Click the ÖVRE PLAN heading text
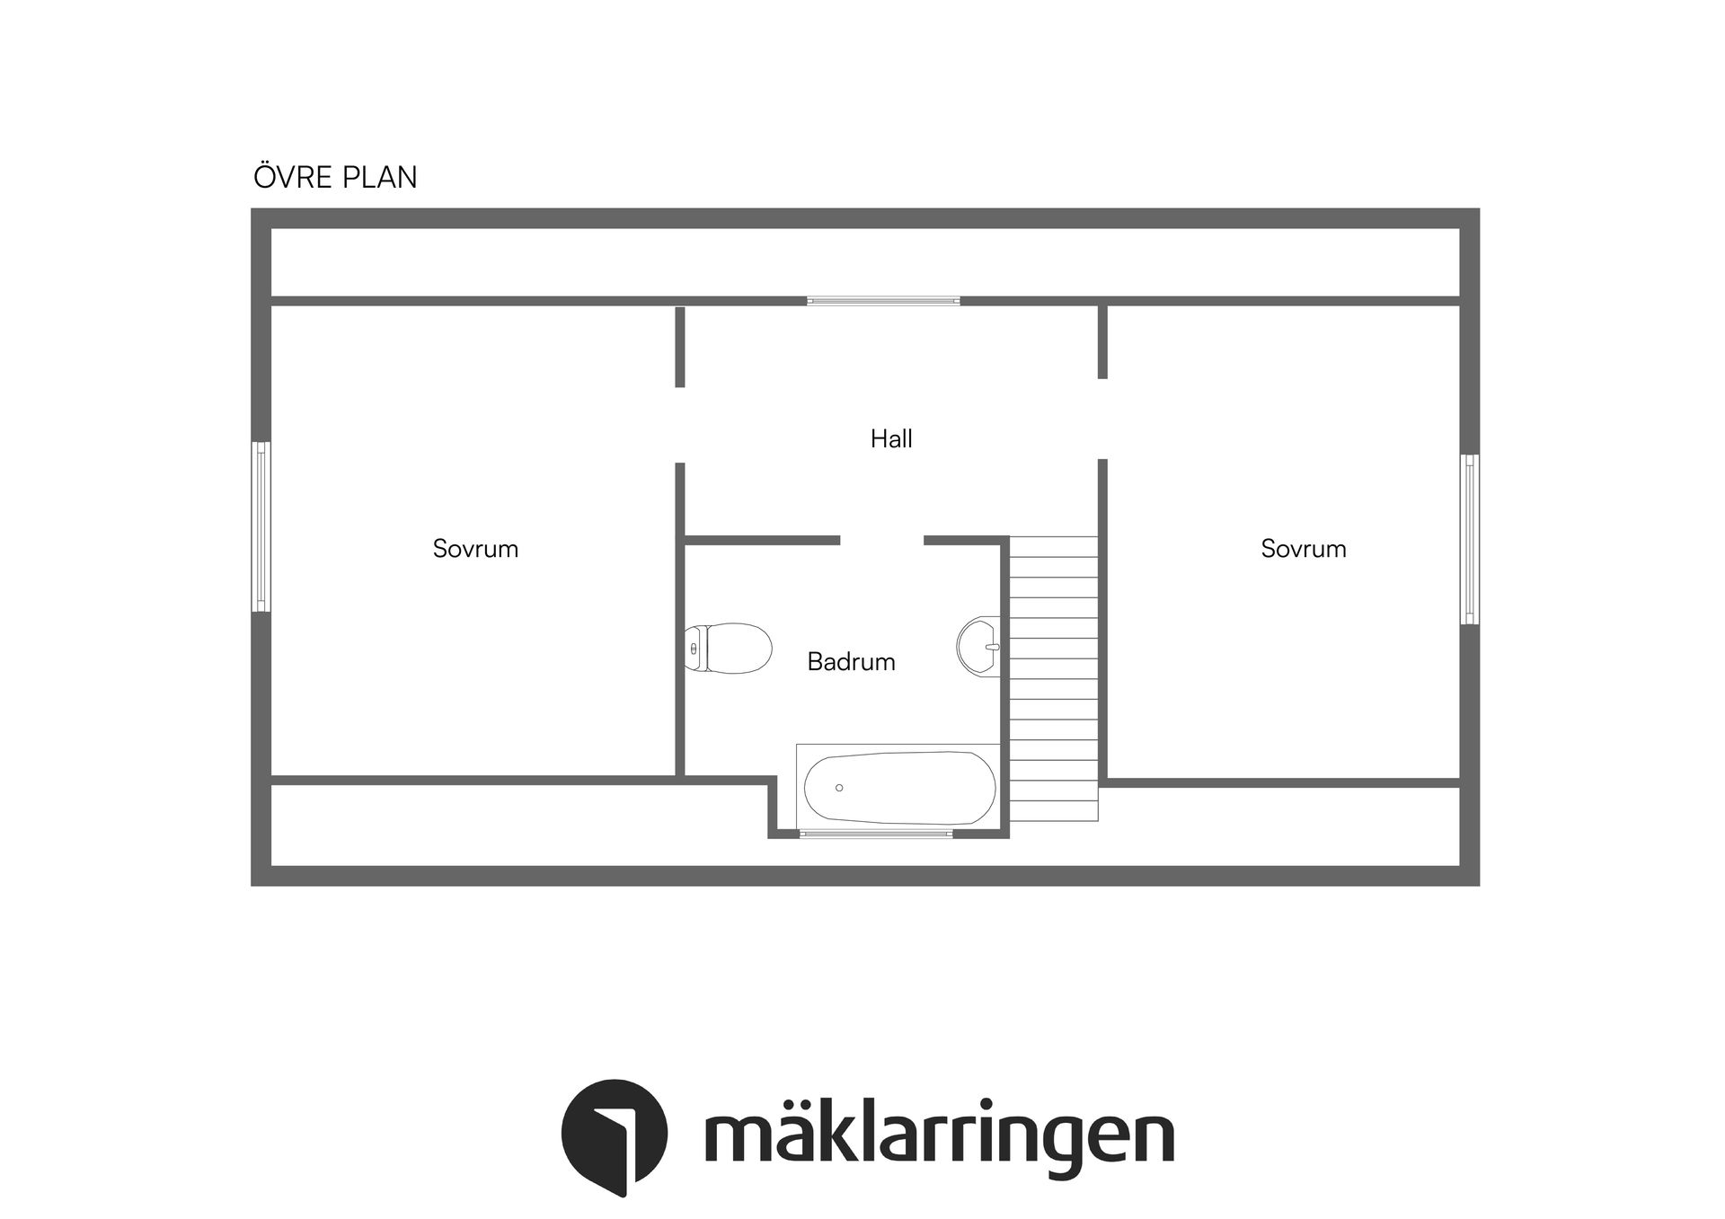pyautogui.click(x=335, y=177)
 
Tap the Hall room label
pyautogui.click(x=891, y=439)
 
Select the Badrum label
pyautogui.click(x=851, y=662)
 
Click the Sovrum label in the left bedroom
pyautogui.click(x=475, y=549)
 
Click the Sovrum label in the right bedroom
pyautogui.click(x=1303, y=549)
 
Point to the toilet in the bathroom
pyautogui.click(x=730, y=648)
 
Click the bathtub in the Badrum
pyautogui.click(x=898, y=788)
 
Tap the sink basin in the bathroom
pyautogui.click(x=978, y=646)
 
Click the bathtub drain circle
pyautogui.click(x=839, y=788)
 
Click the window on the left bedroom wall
pyautogui.click(x=261, y=526)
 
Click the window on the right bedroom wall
pyautogui.click(x=1469, y=539)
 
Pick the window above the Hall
pyautogui.click(x=883, y=301)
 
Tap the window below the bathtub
pyautogui.click(x=876, y=834)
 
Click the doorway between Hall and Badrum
pyautogui.click(x=881, y=541)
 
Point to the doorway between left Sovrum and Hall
pyautogui.click(x=680, y=425)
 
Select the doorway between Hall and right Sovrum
pyautogui.click(x=1102, y=419)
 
